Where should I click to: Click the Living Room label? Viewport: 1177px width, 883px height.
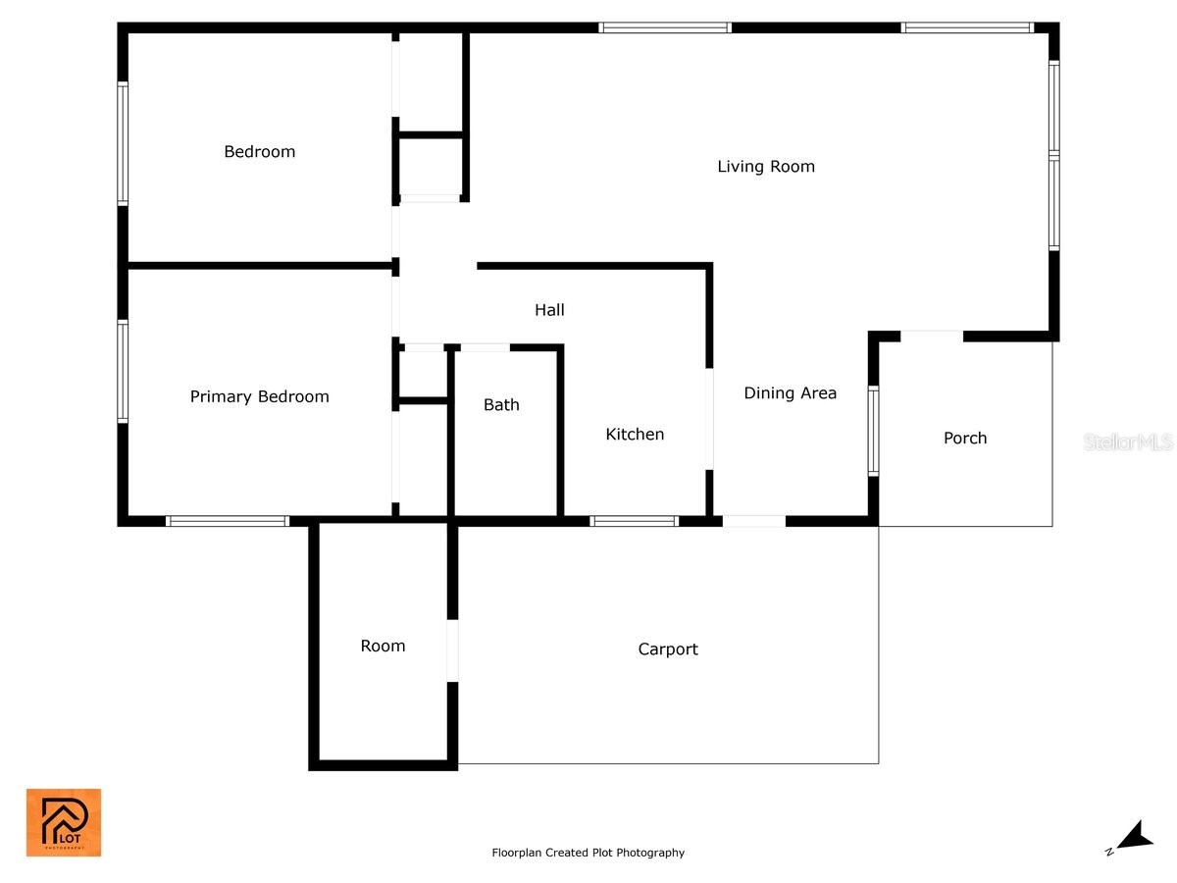pyautogui.click(x=766, y=167)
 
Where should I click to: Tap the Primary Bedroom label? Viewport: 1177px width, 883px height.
pyautogui.click(x=259, y=396)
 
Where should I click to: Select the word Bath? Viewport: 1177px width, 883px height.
pyautogui.click(x=501, y=404)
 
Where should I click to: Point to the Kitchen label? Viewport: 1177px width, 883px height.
pyautogui.click(x=635, y=434)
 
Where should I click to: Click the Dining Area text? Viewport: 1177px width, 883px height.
pyautogui.click(x=790, y=393)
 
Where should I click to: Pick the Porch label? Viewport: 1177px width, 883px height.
pyautogui.click(x=965, y=438)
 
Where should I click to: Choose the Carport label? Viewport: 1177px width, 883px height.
pyautogui.click(x=668, y=649)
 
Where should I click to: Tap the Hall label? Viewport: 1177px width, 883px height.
pyautogui.click(x=549, y=310)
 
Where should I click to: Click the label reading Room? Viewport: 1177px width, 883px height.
pyautogui.click(x=383, y=646)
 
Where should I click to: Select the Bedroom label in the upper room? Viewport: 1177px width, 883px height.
pyautogui.click(x=259, y=151)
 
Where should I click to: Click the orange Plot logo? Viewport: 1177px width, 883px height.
pyautogui.click(x=63, y=822)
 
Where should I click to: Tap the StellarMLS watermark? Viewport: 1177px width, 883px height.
pyautogui.click(x=1128, y=442)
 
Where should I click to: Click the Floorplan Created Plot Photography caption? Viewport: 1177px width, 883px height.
pyautogui.click(x=588, y=853)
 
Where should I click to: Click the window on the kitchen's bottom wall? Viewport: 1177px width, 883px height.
pyautogui.click(x=634, y=521)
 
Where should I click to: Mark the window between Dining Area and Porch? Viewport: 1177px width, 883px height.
pyautogui.click(x=873, y=432)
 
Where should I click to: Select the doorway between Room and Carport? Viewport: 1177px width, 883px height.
pyautogui.click(x=452, y=650)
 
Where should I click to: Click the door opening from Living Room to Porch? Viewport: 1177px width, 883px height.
pyautogui.click(x=932, y=337)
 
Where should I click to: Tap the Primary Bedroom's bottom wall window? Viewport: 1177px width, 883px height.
pyautogui.click(x=228, y=521)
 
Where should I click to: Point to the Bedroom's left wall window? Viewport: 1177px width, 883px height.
pyautogui.click(x=124, y=143)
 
